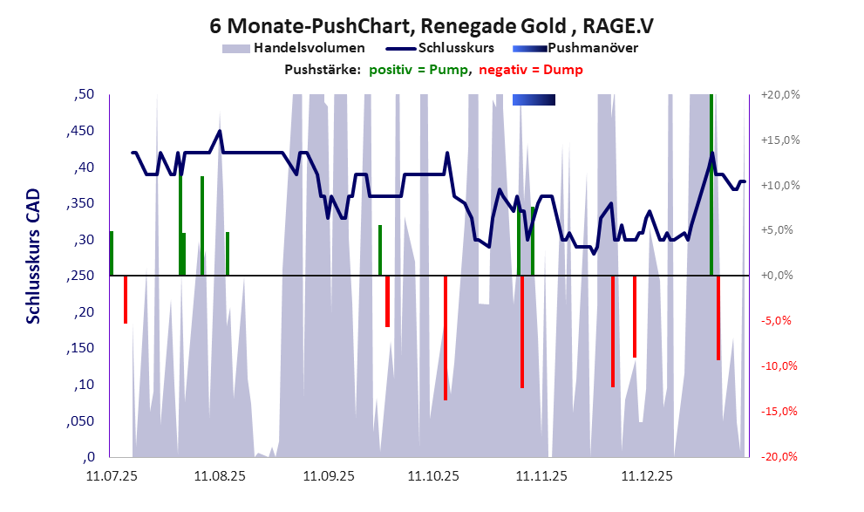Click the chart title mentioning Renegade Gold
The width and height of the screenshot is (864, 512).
click(432, 26)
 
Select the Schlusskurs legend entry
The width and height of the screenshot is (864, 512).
click(457, 48)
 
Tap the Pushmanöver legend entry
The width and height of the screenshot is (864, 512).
click(592, 48)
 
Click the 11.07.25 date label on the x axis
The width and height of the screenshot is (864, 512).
click(112, 476)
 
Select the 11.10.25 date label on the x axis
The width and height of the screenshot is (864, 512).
click(432, 476)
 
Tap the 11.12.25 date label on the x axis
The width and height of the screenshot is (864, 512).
click(646, 476)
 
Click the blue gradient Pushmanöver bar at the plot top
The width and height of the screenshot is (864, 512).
click(534, 99)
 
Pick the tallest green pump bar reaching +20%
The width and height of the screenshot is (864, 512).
click(711, 183)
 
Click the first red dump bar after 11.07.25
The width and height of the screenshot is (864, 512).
click(126, 299)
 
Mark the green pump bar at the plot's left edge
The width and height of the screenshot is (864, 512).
click(112, 253)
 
